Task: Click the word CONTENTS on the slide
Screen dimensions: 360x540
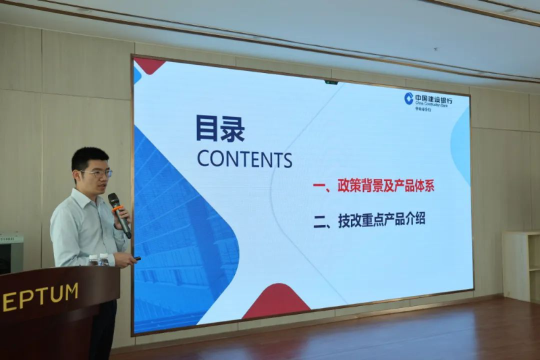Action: point(244,159)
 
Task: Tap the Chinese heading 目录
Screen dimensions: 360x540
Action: point(220,128)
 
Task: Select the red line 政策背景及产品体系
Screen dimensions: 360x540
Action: point(374,186)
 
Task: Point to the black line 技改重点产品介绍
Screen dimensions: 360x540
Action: point(369,220)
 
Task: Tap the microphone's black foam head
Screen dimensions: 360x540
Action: point(113,201)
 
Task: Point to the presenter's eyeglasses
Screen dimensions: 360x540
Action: point(96,173)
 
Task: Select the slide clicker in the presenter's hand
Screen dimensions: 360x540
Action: point(137,258)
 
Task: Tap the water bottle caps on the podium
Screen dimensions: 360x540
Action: point(99,257)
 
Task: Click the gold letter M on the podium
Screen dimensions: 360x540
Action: point(71,292)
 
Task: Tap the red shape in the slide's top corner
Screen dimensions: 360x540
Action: point(149,65)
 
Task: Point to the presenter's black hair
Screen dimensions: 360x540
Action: point(89,157)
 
